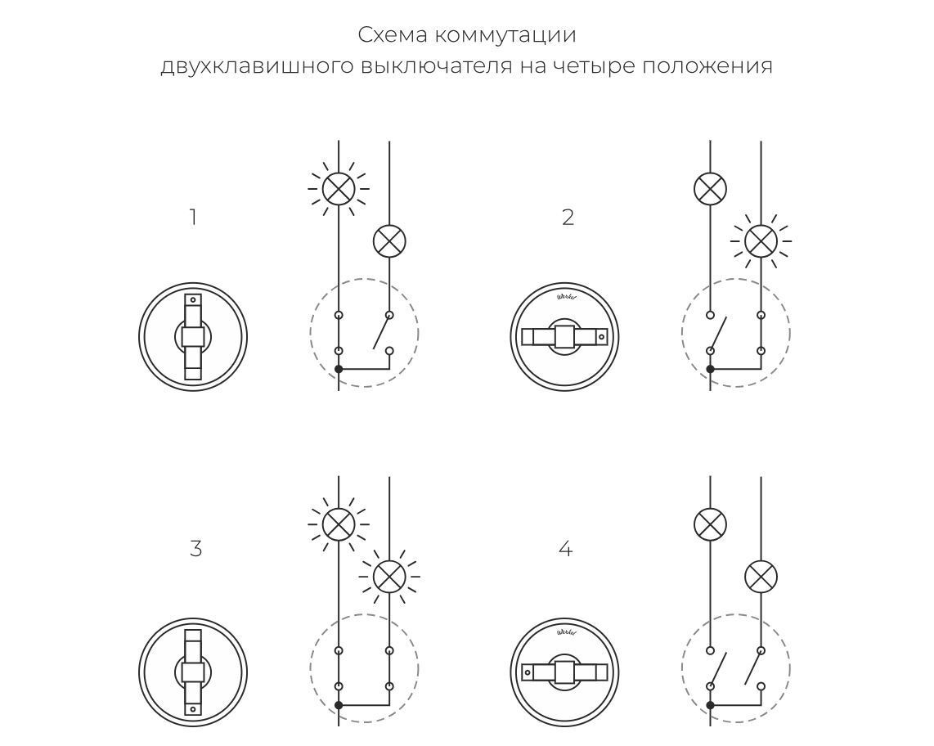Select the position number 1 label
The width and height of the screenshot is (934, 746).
click(x=193, y=218)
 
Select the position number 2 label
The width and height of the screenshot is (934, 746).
click(x=568, y=218)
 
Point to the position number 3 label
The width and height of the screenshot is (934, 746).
click(x=195, y=549)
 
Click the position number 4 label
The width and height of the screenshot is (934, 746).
click(x=565, y=549)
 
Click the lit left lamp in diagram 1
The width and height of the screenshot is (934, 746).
click(x=339, y=189)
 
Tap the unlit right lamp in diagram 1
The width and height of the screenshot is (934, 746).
click(x=389, y=241)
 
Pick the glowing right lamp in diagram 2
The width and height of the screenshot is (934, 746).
click(x=761, y=241)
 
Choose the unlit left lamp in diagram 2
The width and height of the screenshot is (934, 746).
click(x=710, y=189)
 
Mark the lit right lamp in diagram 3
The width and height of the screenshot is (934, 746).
click(x=389, y=577)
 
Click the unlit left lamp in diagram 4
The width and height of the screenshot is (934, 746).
click(x=710, y=524)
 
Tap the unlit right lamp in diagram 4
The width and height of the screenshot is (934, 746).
click(x=761, y=577)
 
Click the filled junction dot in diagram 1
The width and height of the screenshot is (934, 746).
click(x=339, y=370)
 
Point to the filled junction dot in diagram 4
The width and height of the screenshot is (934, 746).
click(x=710, y=705)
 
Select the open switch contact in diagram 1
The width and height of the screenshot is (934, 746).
click(x=381, y=333)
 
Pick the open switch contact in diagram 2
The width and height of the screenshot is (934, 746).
click(x=717, y=333)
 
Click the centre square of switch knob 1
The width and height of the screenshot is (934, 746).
click(x=193, y=336)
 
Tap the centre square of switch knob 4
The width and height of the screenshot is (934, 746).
click(x=565, y=672)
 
